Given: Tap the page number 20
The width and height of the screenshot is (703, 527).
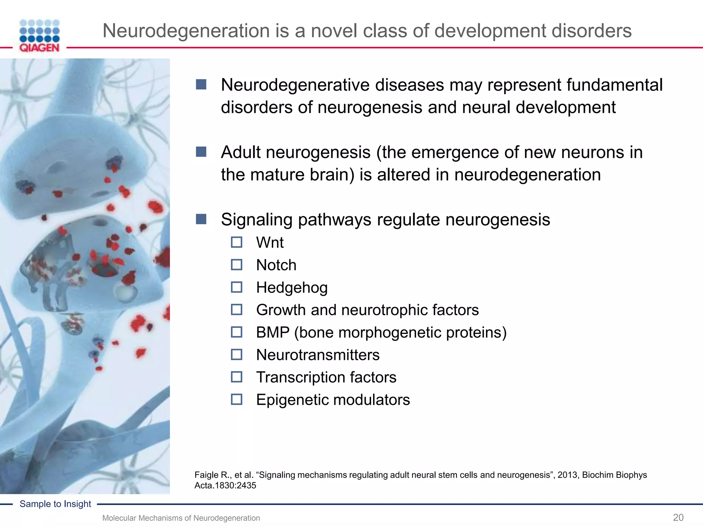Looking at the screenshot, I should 678,517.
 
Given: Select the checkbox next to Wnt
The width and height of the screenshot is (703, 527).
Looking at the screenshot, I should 237,242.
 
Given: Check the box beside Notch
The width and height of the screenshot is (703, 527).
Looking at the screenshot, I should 237,265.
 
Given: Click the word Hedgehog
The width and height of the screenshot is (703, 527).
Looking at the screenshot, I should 292,288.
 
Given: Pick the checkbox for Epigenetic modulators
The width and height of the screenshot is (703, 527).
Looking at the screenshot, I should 237,399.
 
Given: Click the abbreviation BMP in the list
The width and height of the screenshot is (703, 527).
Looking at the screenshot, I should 273,332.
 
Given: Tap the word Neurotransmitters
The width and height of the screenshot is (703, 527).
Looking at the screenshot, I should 318,355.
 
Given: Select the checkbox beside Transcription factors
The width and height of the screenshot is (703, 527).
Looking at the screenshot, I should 237,377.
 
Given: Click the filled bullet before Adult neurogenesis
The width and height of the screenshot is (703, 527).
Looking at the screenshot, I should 201,152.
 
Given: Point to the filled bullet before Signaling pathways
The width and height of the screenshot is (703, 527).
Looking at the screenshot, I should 201,219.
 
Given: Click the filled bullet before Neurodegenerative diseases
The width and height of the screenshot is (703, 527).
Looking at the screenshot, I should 201,84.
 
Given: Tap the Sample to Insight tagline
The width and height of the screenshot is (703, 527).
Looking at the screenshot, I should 55,504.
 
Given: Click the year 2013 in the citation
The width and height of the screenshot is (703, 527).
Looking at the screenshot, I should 567,475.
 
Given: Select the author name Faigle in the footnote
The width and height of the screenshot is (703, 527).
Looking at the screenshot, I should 206,475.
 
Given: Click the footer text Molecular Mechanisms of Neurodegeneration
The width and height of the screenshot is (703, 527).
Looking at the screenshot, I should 181,518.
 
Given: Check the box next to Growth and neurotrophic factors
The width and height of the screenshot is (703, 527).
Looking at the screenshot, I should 237,310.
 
